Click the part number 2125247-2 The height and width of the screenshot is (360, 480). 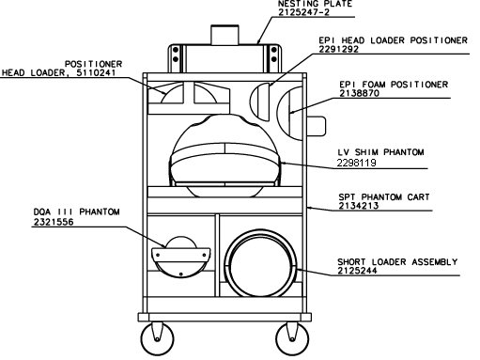coord(303,12)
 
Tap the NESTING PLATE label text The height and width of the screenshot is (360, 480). coord(315,4)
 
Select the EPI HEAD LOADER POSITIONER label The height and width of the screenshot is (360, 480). coord(393,40)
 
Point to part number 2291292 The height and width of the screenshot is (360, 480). coord(338,49)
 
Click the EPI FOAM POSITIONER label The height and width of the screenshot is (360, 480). coord(394,85)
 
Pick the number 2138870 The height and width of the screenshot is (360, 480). coord(359,93)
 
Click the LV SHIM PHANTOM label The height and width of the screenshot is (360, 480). coord(380,152)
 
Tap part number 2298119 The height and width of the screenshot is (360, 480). coord(356,163)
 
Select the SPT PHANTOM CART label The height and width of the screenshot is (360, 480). coord(384,197)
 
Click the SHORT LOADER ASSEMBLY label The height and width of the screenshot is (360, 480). coord(397,261)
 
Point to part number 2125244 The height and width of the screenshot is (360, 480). coord(357,271)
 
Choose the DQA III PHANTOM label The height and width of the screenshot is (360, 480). coord(77,211)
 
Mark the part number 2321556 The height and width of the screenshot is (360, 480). coord(54,222)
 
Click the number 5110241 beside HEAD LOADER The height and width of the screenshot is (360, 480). coord(96,72)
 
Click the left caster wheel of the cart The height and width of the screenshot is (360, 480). coord(157,339)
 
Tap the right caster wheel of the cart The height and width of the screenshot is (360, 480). coord(292,339)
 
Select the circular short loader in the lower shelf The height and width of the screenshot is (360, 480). coord(260,263)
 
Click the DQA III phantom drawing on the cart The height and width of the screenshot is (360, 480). coord(181,257)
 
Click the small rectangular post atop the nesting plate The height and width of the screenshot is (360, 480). coord(225,35)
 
